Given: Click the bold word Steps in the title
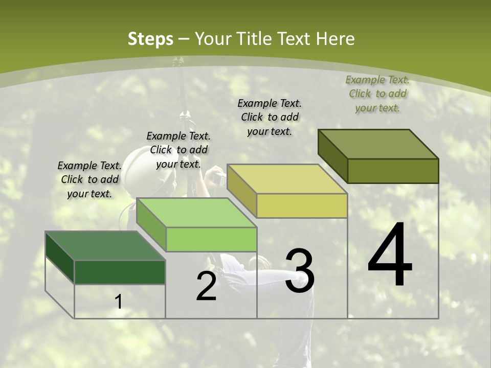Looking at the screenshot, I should (x=150, y=39).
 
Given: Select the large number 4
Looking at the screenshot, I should (x=390, y=256).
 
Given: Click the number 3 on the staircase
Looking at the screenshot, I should (x=299, y=271).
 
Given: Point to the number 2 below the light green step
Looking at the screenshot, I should (x=206, y=286).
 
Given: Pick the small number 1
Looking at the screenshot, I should (x=119, y=302).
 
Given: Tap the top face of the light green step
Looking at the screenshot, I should (x=197, y=213).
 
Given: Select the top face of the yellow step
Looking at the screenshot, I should (x=287, y=179).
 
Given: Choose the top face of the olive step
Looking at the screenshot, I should (x=378, y=144).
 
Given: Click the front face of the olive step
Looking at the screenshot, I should (x=393, y=171).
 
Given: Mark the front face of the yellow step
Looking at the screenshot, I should (x=302, y=205).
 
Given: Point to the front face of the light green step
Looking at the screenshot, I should (x=211, y=239).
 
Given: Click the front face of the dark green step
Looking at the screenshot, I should (x=120, y=272).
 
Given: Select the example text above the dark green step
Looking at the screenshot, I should (x=90, y=179).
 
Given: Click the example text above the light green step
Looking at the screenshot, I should (x=178, y=150).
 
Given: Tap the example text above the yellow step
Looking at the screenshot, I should (x=270, y=117).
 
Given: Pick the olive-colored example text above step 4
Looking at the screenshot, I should (x=377, y=94).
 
